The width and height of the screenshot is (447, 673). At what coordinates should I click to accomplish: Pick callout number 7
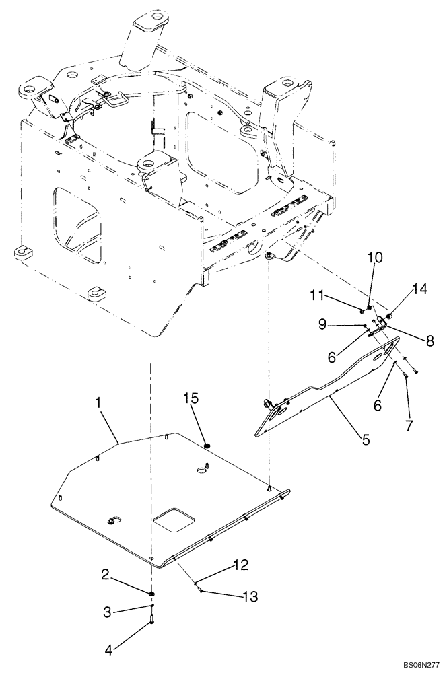(409, 425)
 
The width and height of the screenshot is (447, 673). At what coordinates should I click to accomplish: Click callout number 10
(374, 258)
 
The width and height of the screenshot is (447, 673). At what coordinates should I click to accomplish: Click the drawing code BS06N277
(420, 665)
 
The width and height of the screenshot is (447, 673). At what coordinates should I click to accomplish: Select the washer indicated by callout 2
(153, 594)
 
